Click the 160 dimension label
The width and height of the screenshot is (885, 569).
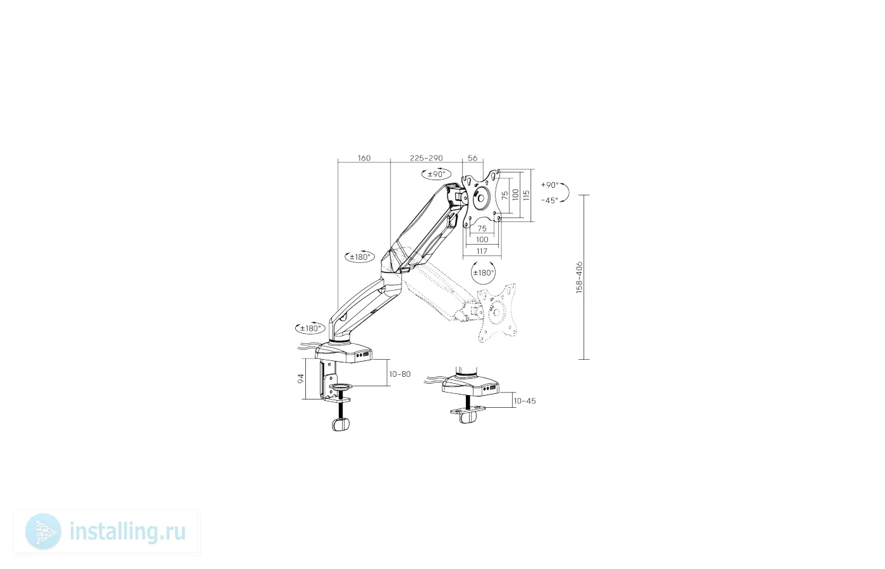[364, 158]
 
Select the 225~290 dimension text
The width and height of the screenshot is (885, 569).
[426, 158]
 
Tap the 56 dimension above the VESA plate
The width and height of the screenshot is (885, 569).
[473, 158]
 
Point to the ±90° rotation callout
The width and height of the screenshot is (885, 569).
[436, 174]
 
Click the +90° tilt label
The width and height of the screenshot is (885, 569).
[549, 185]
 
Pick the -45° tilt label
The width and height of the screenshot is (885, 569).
[549, 201]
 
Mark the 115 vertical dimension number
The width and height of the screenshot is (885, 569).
[526, 195]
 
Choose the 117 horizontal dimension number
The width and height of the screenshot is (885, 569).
[482, 252]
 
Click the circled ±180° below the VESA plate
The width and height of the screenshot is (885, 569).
[483, 272]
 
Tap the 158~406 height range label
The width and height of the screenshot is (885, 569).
[579, 277]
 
